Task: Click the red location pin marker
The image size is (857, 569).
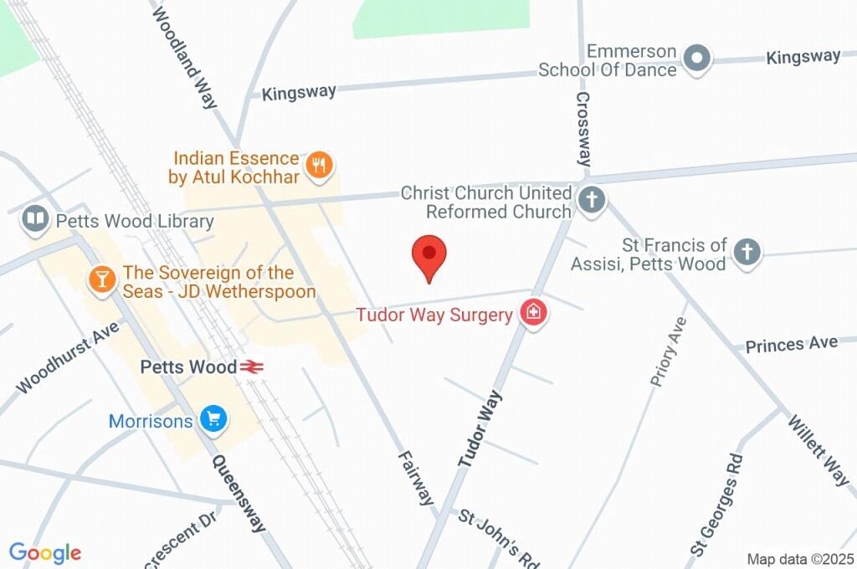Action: point(430,254)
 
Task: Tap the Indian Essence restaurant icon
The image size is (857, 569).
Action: point(318,165)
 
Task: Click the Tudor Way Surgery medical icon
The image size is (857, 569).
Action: point(533,314)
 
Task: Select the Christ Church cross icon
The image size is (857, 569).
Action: point(592,202)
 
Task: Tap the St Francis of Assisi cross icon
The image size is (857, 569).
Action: point(747,251)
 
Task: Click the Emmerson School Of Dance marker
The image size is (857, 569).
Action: point(696,59)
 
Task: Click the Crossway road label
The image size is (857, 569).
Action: point(583,128)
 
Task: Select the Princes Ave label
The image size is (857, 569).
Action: point(791,344)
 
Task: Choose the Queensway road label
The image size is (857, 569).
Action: point(239,493)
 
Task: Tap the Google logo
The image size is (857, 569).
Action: point(45,552)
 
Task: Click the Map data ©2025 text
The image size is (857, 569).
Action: point(800,559)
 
